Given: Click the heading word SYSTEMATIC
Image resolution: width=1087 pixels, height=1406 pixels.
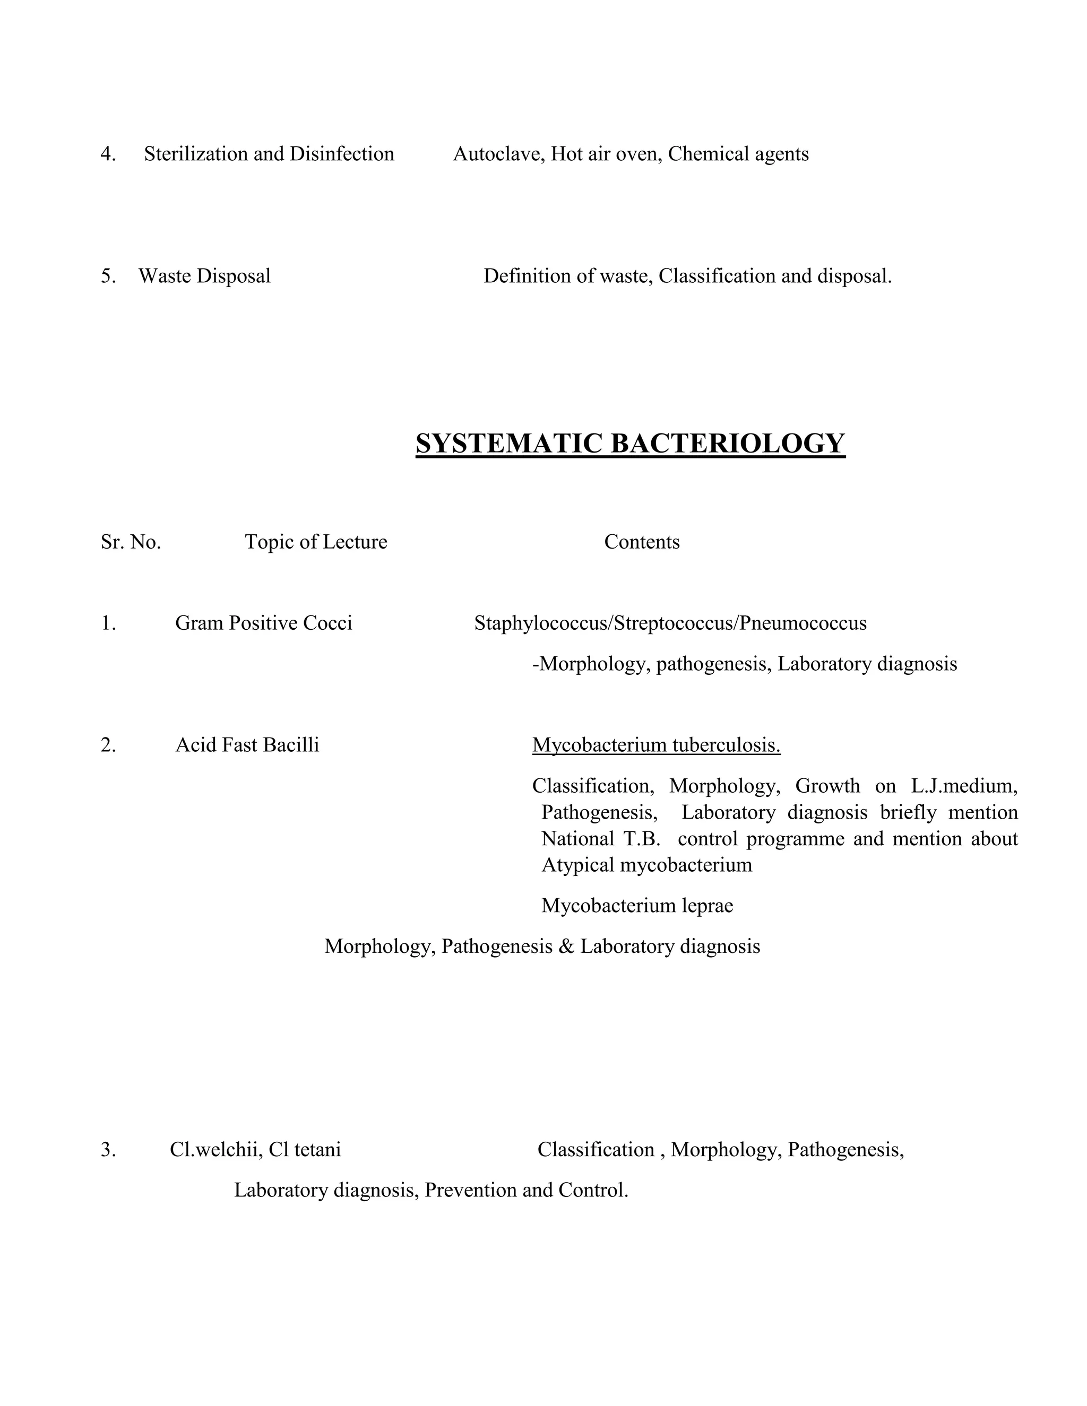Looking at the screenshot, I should tap(508, 444).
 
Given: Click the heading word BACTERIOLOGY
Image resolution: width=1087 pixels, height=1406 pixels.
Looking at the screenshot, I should tap(727, 444).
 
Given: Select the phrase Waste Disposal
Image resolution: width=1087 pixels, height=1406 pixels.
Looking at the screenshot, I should tap(204, 276).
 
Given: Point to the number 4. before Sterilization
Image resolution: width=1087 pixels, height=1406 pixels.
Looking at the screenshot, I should tap(108, 154).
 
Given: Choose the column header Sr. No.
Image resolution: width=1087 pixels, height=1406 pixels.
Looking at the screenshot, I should tap(131, 542).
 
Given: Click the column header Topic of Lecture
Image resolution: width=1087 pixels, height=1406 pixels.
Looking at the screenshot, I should tap(316, 542).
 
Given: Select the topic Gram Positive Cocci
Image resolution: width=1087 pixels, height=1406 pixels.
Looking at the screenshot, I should tap(263, 623).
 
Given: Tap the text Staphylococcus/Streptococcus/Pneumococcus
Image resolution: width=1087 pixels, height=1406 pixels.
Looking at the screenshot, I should tap(670, 623).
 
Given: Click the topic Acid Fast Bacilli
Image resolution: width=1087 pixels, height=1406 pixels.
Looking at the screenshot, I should tap(247, 745).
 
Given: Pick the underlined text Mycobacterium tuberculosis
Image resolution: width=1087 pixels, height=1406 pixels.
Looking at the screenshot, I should tap(655, 745).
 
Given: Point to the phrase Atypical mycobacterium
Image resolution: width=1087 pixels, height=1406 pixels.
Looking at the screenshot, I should tap(646, 865).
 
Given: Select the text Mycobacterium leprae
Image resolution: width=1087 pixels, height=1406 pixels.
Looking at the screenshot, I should tap(637, 906).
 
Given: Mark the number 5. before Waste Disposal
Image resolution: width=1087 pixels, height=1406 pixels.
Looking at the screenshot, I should tap(108, 276).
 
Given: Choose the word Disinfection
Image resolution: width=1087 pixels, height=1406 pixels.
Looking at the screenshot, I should tap(341, 154).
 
